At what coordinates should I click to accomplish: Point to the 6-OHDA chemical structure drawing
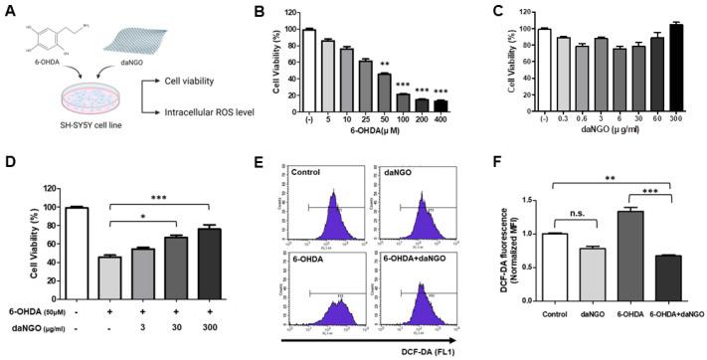point(40,34)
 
